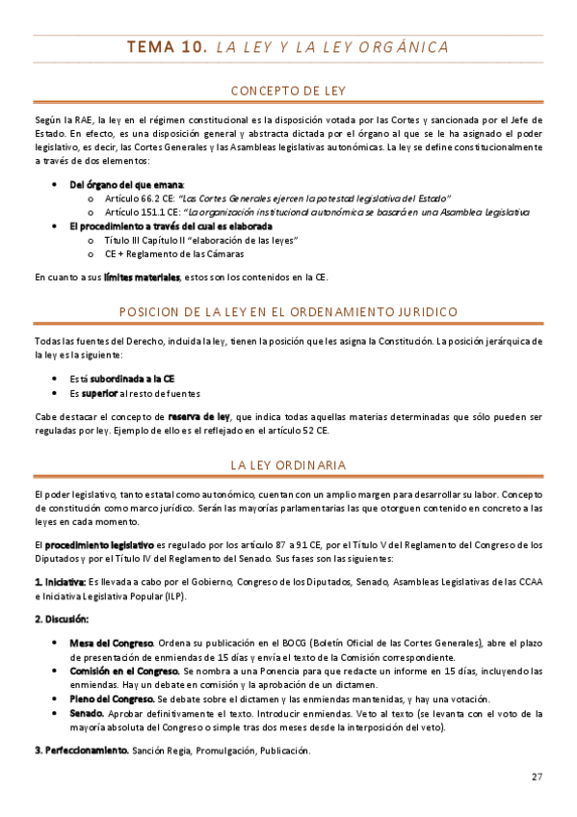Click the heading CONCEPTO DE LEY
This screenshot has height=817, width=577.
(288, 92)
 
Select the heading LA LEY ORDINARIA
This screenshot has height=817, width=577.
(288, 465)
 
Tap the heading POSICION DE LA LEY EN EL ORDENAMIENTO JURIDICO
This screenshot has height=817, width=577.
(288, 311)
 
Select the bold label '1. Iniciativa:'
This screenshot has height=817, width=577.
(60, 582)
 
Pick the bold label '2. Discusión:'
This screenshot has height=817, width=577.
(62, 619)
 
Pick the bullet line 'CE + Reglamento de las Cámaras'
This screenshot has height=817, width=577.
(173, 253)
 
